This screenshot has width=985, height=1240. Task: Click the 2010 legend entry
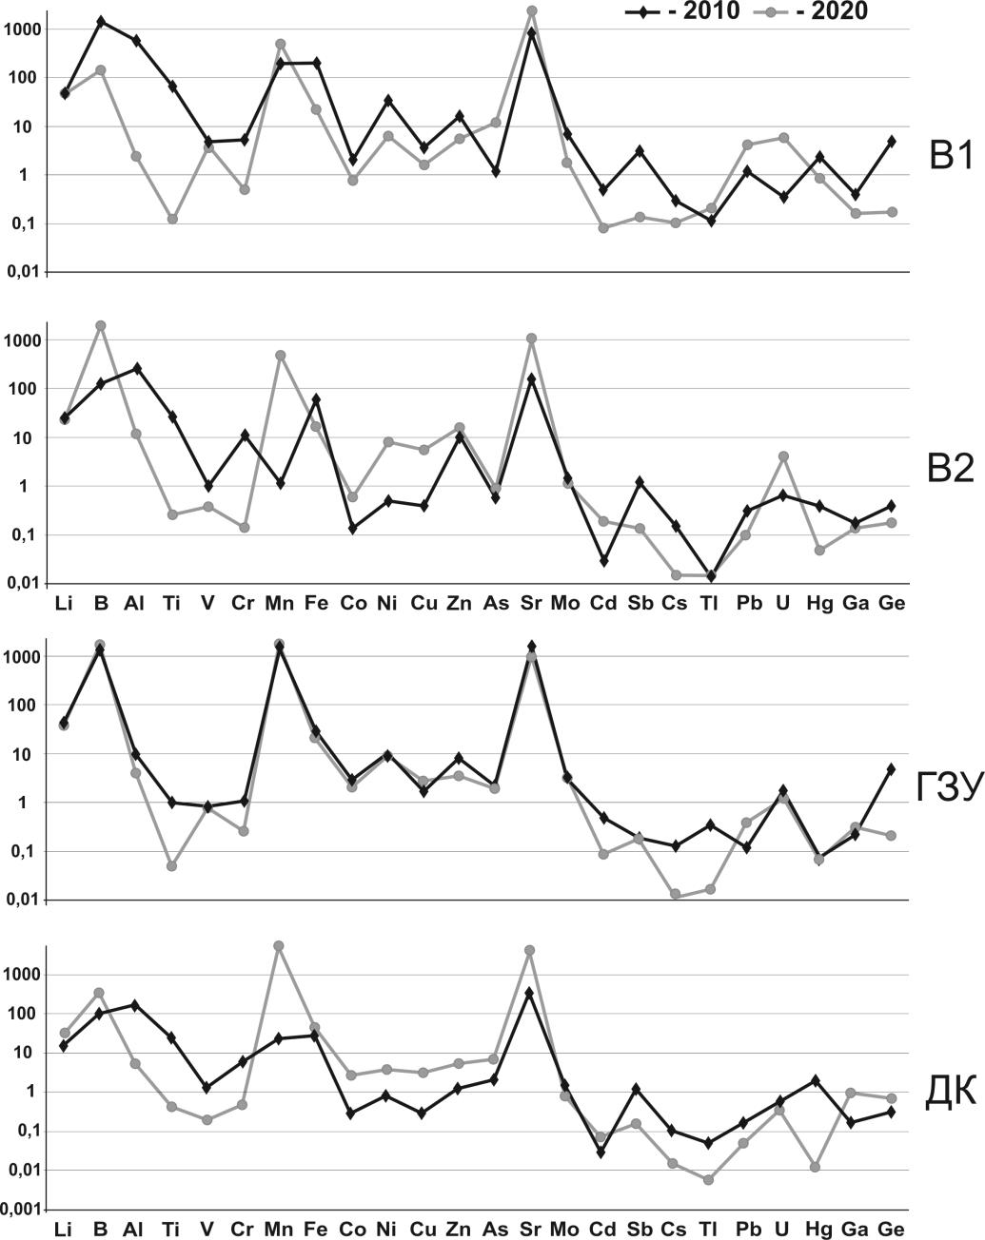point(682,11)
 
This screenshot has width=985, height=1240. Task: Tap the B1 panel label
point(951,155)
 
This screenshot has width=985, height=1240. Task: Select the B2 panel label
point(951,468)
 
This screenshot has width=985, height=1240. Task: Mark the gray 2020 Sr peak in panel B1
point(531,10)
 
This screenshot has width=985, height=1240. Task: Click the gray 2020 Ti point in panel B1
point(172,219)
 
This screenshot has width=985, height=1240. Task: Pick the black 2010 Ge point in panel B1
point(891,141)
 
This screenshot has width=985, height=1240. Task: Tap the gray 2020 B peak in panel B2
point(100,326)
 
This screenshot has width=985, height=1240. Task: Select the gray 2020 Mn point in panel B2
point(280,356)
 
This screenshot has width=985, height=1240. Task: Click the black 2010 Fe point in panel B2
point(316,399)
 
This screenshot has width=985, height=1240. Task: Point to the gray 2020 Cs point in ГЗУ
point(675,894)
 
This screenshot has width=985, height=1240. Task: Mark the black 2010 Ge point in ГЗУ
point(891,768)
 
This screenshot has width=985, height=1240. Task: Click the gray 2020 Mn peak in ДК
point(279,946)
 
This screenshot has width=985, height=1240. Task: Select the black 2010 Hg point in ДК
point(816,1080)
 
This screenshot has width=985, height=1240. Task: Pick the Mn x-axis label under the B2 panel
point(280,603)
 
